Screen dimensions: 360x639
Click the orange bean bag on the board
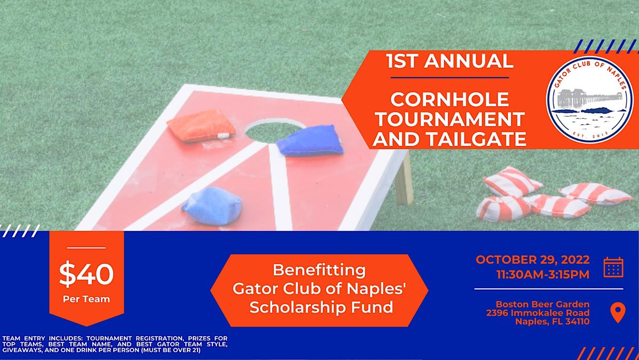201,126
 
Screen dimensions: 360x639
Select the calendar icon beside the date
613,267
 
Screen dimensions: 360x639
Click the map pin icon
617,313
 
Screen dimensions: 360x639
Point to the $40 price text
86,275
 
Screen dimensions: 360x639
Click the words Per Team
86,299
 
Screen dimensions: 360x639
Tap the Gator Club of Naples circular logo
589,99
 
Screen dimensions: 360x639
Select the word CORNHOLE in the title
449,99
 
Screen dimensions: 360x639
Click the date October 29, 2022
532,260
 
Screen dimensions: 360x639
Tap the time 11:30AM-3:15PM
542,275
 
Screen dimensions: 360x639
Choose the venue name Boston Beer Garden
542,304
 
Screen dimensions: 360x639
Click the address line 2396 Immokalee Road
538,313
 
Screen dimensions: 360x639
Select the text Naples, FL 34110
552,322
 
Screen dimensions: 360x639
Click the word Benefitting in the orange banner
319,270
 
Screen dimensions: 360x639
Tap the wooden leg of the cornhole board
404,178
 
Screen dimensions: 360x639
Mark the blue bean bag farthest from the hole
212,206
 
